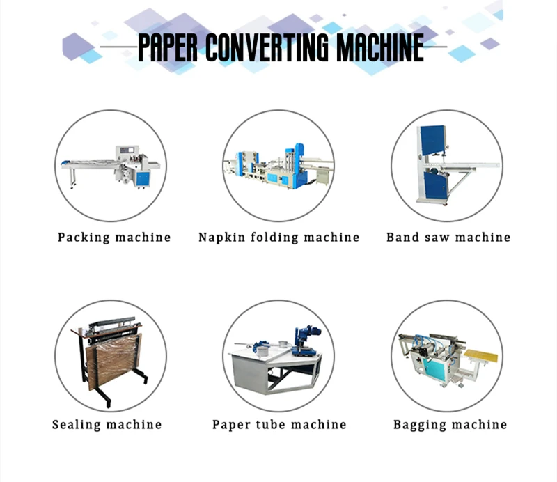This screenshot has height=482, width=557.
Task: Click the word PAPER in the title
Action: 169,47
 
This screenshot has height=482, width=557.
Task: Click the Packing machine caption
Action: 114,238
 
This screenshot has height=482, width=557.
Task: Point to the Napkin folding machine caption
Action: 278,238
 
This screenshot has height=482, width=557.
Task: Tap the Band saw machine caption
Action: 448,238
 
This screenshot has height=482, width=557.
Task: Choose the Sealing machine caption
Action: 107,424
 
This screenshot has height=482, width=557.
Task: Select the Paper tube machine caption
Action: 278,424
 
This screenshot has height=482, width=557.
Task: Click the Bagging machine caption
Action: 450,424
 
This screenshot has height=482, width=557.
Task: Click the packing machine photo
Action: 111,166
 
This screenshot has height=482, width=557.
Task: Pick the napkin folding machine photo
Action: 278,166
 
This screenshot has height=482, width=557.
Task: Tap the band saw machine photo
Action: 446,166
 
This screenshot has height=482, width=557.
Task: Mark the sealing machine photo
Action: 111,355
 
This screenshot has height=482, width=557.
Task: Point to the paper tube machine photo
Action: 278,355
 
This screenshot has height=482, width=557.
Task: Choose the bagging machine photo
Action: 446,355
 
